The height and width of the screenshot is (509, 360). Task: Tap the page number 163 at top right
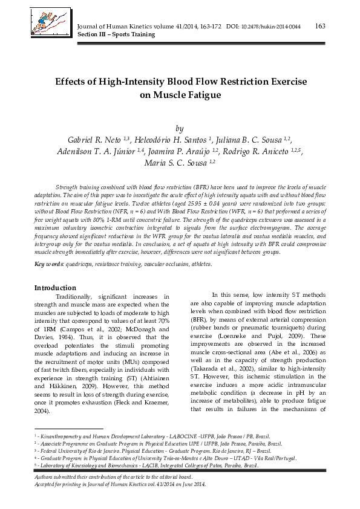pos(321,25)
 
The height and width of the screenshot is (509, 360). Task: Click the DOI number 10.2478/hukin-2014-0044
pos(271,27)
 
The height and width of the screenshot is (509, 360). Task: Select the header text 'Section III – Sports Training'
pos(114,35)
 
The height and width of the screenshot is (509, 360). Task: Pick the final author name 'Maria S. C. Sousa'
pos(172,163)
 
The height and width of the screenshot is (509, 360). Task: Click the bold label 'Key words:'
pos(49,264)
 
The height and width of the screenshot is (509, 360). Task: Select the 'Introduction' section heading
pos(55,288)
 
